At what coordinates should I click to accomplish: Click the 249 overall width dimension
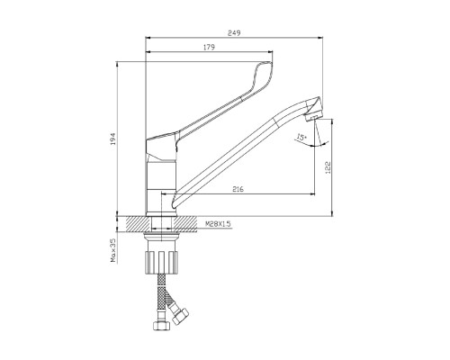(x=234, y=33)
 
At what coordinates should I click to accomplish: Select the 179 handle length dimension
(x=209, y=47)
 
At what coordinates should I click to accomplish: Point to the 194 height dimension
(x=112, y=139)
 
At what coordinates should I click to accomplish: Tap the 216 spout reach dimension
(x=238, y=189)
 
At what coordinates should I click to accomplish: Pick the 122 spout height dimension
(x=328, y=167)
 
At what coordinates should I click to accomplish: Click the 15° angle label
(x=301, y=138)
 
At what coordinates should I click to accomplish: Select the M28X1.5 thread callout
(x=218, y=224)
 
